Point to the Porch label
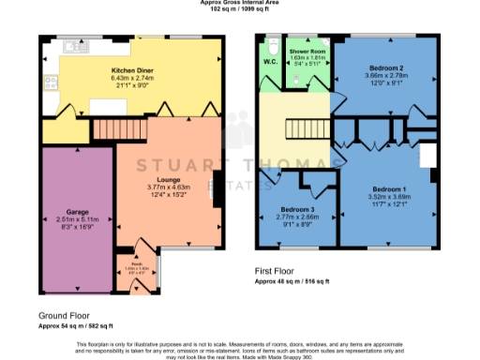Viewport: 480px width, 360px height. coord(137,264)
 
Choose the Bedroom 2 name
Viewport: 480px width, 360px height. coord(386,68)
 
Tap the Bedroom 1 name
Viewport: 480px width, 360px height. coord(386,188)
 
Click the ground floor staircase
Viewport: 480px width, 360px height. coord(117,128)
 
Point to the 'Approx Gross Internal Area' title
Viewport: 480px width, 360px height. coord(239,3)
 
